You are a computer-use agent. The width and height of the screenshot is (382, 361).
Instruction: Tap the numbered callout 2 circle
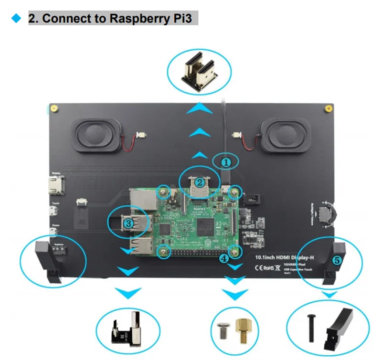(x=201, y=182)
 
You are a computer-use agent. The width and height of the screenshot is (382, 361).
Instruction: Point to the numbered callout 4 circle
(x=224, y=258)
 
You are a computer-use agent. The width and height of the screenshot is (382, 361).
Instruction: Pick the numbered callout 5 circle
(x=337, y=260)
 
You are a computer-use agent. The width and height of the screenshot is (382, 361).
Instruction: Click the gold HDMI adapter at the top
(x=199, y=73)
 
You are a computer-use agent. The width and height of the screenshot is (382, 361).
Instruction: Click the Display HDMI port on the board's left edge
(x=54, y=184)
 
